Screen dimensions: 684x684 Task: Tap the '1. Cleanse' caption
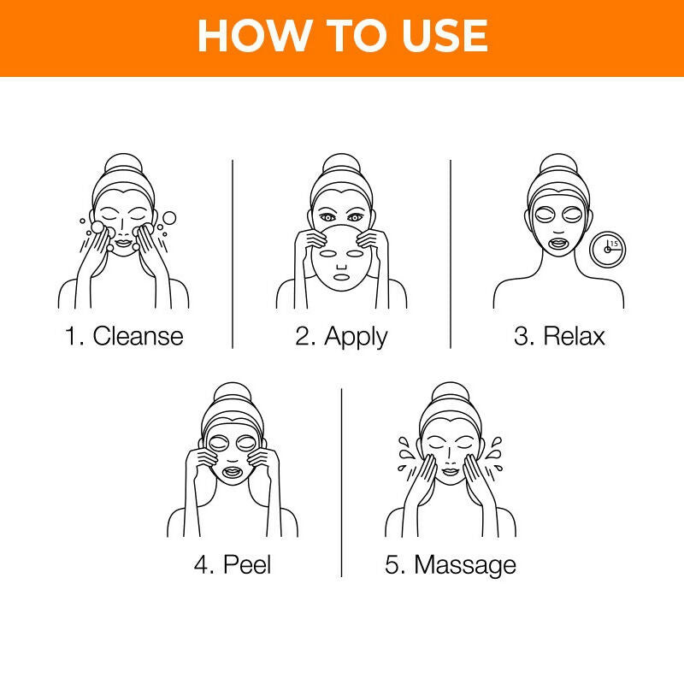tap(125, 335)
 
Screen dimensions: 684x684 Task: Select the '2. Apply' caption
tap(342, 335)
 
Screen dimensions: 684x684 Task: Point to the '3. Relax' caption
tap(559, 335)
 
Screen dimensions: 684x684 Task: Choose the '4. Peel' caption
tap(233, 564)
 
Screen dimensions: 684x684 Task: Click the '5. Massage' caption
tap(451, 564)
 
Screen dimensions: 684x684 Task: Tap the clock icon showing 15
tap(608, 249)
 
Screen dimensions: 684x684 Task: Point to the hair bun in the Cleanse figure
tap(125, 165)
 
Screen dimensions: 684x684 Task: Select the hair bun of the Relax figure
tap(558, 165)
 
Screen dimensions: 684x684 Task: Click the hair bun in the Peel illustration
tap(233, 393)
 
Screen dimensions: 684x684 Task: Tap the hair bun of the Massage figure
tap(451, 393)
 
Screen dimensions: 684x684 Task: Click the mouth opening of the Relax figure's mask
tap(558, 241)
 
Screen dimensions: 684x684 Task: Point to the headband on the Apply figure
tap(341, 190)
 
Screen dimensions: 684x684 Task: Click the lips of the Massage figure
tap(451, 472)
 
